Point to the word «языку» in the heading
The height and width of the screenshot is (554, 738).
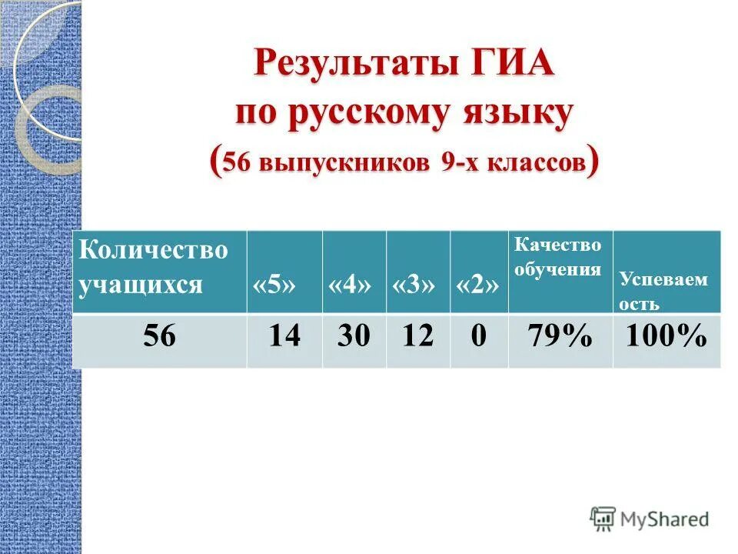(523, 113)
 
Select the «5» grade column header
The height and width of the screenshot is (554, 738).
(274, 285)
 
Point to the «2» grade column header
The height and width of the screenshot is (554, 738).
(478, 285)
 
